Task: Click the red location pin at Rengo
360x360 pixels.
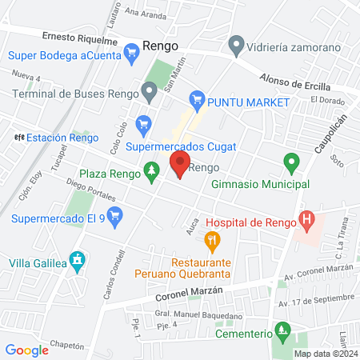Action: (179, 166)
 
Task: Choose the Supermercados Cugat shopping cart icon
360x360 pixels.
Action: (143, 123)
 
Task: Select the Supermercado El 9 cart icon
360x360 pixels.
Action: (115, 214)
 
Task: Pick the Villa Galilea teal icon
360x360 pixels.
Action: (77, 259)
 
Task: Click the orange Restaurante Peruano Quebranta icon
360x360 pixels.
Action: (211, 238)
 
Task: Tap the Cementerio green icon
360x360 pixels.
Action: (281, 329)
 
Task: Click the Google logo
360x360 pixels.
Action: (26, 350)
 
